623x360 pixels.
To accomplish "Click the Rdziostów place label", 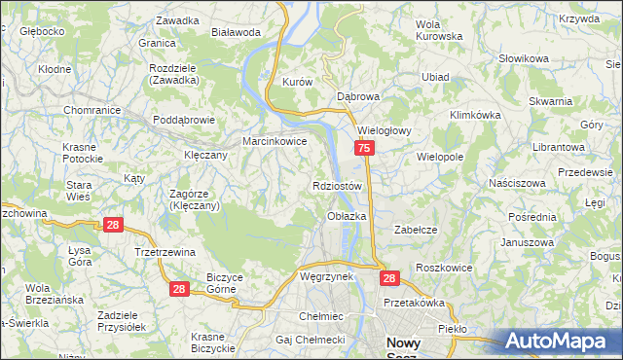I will (338, 186).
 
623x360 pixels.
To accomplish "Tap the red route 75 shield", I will (363, 148).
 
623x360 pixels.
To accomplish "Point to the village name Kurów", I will (296, 83).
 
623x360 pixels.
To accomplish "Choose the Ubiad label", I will (434, 76).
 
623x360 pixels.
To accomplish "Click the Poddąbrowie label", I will (183, 121).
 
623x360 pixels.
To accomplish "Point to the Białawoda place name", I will (236, 31).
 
